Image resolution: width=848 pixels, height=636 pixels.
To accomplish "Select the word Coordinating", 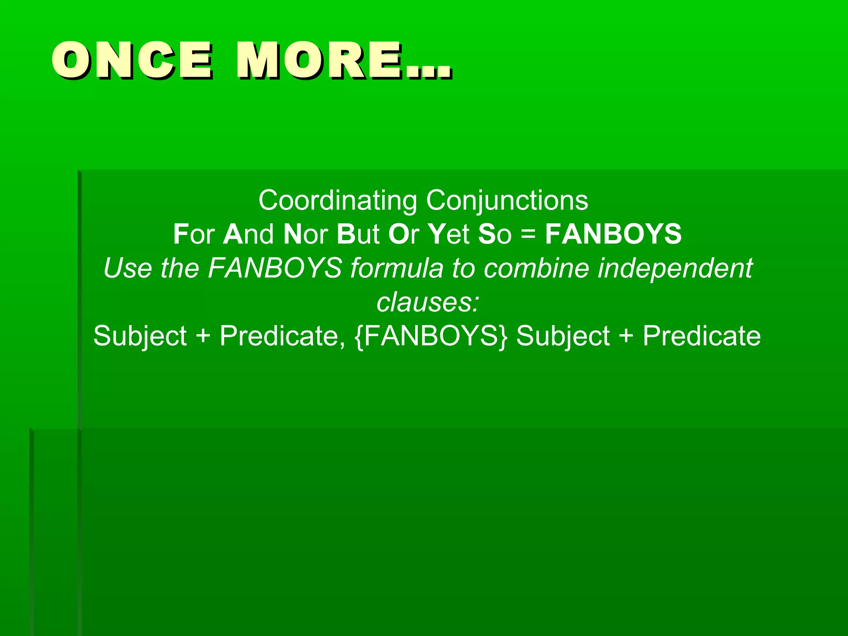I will (x=337, y=200).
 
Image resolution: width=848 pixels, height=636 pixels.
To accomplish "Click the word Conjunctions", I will (x=507, y=201).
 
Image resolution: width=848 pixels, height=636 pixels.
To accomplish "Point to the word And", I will (x=248, y=234).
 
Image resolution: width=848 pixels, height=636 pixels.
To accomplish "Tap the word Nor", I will (x=306, y=234).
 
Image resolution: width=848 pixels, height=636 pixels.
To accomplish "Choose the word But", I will (x=358, y=234).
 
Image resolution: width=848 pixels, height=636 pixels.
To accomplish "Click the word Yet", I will (x=448, y=234).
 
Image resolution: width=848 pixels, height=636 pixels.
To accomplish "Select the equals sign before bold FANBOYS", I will (x=528, y=235).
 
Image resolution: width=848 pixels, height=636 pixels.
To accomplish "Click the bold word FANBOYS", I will (x=613, y=234).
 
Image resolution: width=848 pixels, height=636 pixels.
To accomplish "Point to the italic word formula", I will (x=397, y=268).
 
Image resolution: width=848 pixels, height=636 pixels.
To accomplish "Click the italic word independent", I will (x=675, y=269).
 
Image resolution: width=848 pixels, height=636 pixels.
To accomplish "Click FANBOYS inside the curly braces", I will (x=431, y=335).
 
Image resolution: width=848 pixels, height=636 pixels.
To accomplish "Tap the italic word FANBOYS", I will (x=275, y=268).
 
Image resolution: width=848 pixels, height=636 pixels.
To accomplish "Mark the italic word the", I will (x=180, y=268).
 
